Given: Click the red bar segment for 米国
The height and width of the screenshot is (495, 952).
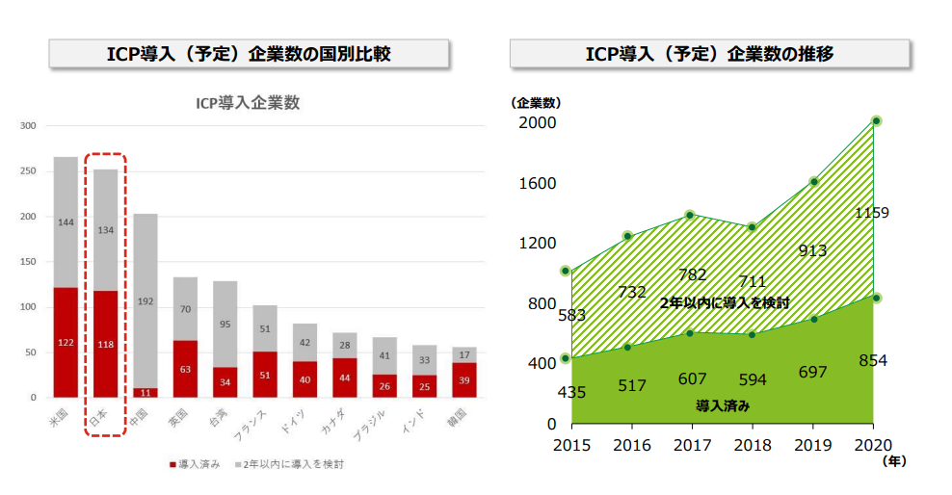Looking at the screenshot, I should pos(66,342).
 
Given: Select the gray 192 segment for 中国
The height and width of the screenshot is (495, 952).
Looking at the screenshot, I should pos(145,300).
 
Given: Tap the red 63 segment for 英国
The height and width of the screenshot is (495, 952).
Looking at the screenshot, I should pos(185,369).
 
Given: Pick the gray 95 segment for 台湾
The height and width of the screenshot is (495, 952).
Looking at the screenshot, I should pos(225,325).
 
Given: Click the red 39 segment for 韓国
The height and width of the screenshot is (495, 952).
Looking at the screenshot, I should pos(463,379).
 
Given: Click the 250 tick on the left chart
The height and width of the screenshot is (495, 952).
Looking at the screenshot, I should pos(27,171).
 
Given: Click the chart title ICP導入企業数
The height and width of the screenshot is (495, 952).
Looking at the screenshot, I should pos(248,104).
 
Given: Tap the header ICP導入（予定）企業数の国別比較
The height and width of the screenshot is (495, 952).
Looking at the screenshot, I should pos(249,54).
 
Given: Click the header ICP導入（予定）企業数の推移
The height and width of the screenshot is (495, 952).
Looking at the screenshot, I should pos(709,54).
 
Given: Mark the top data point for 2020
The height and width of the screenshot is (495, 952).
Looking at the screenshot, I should pos(876,121).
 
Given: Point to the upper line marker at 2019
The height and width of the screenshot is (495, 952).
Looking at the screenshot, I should pos(814,182).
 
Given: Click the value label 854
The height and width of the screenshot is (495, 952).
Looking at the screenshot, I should pos(872,361).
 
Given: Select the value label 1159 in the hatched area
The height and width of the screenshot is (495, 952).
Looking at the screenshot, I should pos(871,213).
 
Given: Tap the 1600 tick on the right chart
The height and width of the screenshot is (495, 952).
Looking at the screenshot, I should pos(537,184).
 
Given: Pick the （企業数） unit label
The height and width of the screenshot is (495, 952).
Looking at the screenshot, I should pos(536,102).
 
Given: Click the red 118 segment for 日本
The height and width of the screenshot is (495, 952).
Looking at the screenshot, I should pos(105,344).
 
